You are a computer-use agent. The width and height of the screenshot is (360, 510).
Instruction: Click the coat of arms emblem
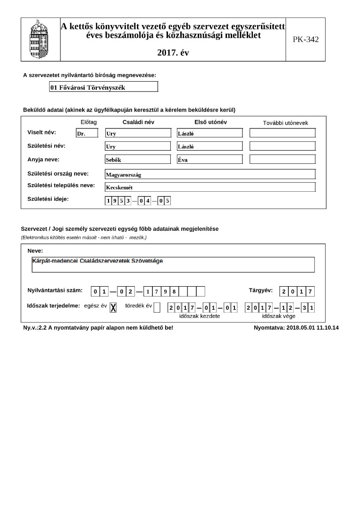click(x=39, y=39)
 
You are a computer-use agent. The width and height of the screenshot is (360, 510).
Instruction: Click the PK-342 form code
click(x=305, y=40)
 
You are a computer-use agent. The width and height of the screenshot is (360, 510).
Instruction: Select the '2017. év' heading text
click(x=173, y=53)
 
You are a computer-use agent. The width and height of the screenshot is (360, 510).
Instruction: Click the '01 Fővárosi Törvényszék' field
click(x=103, y=87)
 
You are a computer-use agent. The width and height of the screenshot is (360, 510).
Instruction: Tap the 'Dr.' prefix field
click(x=86, y=133)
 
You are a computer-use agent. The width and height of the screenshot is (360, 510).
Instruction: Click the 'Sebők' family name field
click(x=138, y=160)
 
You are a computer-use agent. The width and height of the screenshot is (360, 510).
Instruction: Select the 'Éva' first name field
click(x=209, y=160)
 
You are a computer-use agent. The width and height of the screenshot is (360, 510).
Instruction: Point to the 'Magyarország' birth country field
click(x=209, y=174)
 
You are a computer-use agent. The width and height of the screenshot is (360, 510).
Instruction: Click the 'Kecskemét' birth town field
click(x=209, y=187)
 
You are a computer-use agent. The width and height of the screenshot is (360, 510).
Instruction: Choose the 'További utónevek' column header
click(x=285, y=123)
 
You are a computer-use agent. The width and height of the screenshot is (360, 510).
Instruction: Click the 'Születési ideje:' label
click(x=48, y=199)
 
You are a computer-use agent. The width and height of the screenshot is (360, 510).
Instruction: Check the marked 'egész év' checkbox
click(x=113, y=307)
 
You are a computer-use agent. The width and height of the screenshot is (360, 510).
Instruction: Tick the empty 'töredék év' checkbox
click(x=157, y=307)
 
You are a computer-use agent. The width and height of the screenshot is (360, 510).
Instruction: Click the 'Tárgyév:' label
click(x=260, y=290)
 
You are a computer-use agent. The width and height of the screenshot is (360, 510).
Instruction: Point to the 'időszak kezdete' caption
click(x=200, y=316)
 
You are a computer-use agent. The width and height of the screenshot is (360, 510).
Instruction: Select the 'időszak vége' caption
click(x=278, y=316)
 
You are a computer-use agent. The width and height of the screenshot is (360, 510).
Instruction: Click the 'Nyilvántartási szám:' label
click(x=55, y=290)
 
